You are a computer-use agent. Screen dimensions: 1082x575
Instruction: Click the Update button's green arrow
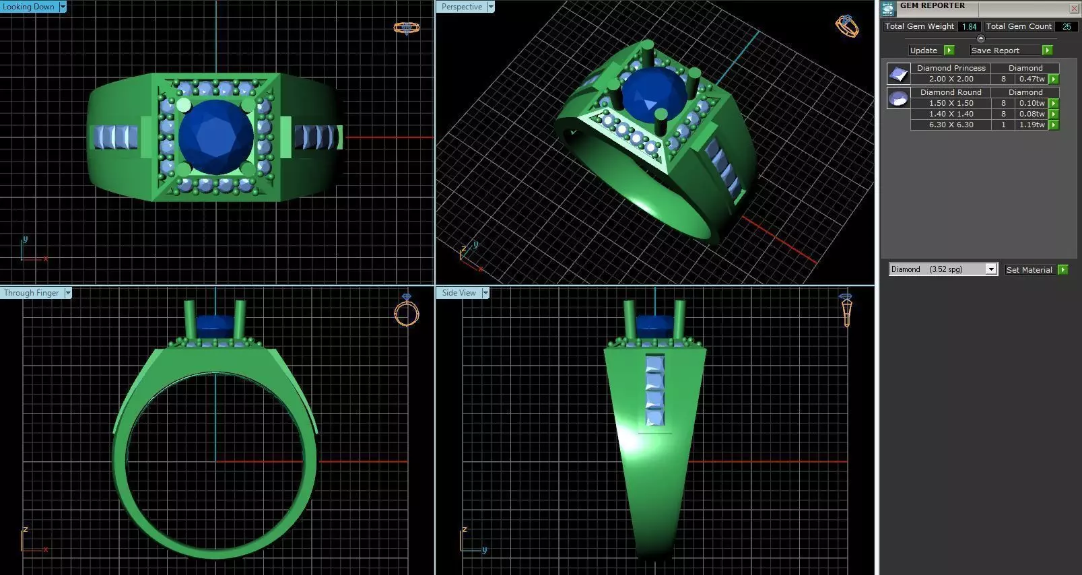click(x=949, y=50)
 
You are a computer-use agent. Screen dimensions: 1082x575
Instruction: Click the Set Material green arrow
click(x=1062, y=269)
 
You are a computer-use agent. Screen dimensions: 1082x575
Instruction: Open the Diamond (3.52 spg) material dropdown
click(x=990, y=269)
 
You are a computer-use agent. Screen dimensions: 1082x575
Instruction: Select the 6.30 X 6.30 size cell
click(x=951, y=125)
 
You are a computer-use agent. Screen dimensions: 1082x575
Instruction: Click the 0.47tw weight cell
click(x=1032, y=79)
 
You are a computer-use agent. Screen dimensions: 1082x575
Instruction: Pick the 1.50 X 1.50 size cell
click(x=951, y=103)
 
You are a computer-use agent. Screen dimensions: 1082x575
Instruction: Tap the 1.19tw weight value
click(x=1032, y=125)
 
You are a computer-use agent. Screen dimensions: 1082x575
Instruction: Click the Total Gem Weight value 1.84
click(x=969, y=26)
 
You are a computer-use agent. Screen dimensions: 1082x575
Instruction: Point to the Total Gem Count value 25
click(x=1067, y=26)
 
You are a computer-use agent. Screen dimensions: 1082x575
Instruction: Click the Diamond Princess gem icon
click(x=898, y=74)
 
